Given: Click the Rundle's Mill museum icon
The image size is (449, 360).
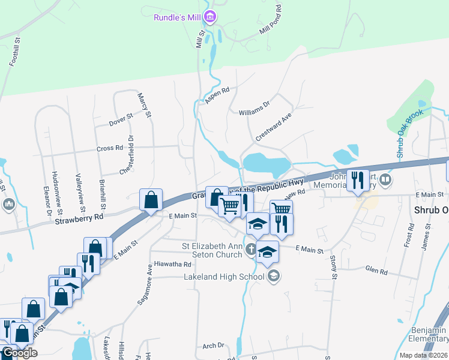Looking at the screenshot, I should pos(209,17).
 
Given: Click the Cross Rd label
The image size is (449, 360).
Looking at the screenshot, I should pos(110,148).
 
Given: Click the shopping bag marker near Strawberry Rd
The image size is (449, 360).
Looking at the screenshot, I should pos(151,199).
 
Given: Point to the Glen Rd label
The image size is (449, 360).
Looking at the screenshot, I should pos(376,271).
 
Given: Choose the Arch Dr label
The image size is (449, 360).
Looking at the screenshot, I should pos(213,346).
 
